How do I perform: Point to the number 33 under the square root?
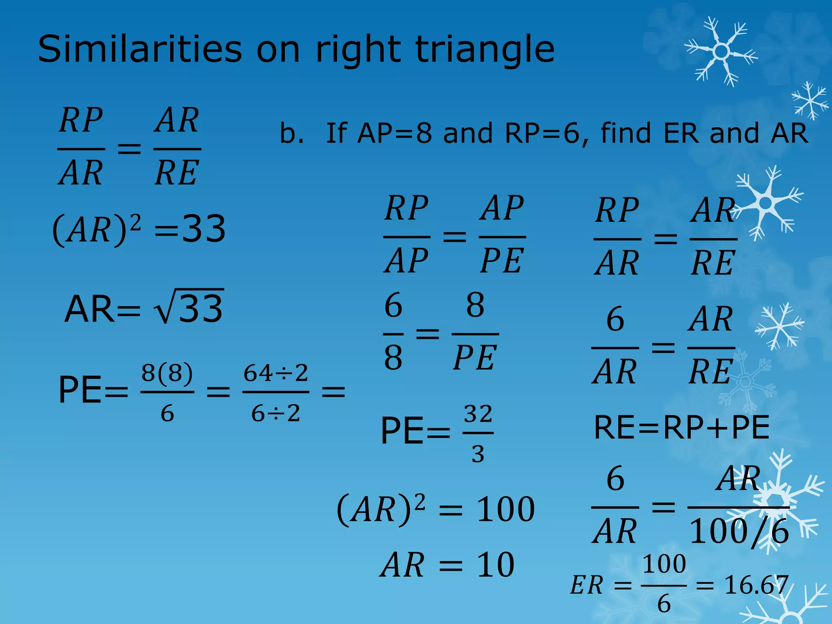coord(201,309)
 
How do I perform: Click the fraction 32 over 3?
coord(478,433)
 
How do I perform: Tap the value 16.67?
coord(756,585)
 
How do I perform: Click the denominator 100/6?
coord(739,531)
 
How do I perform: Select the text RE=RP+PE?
coord(681,427)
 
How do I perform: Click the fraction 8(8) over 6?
coord(167,392)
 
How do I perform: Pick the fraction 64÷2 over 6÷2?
coord(276,392)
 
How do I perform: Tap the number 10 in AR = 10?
coord(496,565)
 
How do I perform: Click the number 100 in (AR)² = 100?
coord(505,509)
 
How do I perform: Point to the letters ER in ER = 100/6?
coord(586,585)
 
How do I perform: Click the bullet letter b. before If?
coord(291,133)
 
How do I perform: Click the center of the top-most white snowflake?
coord(721,52)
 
